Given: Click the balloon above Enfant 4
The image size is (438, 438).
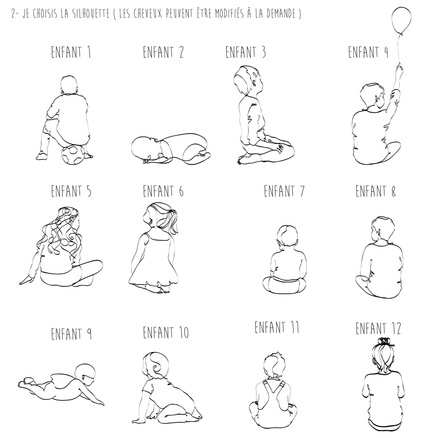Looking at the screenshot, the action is click(x=401, y=20).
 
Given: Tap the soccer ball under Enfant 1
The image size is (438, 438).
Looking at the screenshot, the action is click(x=73, y=155).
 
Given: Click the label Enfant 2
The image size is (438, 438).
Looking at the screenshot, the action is click(x=163, y=52).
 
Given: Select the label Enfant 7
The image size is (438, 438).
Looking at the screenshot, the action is click(x=284, y=191).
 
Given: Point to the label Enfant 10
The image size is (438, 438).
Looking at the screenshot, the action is click(x=166, y=333).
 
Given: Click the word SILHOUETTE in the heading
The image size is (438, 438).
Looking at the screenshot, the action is click(x=91, y=14).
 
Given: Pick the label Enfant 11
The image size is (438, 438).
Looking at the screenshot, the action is click(x=277, y=327).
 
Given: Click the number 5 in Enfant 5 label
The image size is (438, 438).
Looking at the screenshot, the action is click(x=89, y=191).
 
